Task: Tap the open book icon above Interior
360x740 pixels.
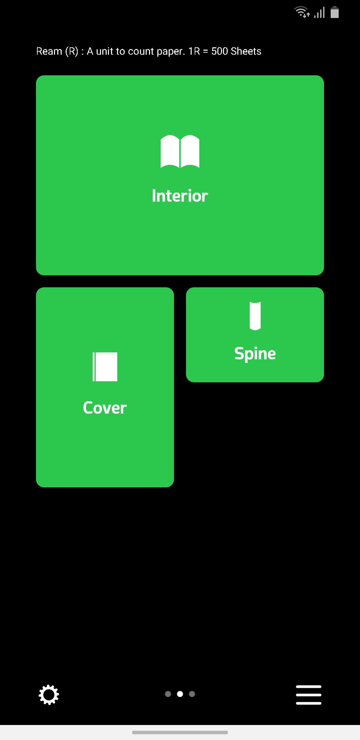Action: click(x=180, y=151)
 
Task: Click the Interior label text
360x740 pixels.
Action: click(x=180, y=196)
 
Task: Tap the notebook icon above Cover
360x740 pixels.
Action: click(x=105, y=367)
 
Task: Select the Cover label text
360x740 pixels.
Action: click(x=105, y=408)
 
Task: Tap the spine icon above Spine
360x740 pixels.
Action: click(x=255, y=316)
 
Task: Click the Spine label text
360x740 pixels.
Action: click(x=255, y=354)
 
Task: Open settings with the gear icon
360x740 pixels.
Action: click(x=49, y=695)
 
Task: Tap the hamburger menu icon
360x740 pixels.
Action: click(x=309, y=695)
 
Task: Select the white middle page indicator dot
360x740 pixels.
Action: click(x=180, y=694)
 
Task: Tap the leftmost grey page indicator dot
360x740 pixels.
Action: click(x=168, y=694)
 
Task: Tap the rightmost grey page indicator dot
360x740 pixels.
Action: click(x=192, y=694)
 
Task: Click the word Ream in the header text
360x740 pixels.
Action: click(x=49, y=51)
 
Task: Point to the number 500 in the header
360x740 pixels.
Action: click(x=220, y=51)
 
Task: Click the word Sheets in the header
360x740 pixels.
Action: click(x=246, y=51)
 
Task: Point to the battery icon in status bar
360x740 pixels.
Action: click(x=335, y=12)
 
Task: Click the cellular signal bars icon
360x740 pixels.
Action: click(x=319, y=13)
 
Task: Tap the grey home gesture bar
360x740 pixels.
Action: click(x=180, y=732)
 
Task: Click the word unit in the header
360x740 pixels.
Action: click(x=105, y=51)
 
